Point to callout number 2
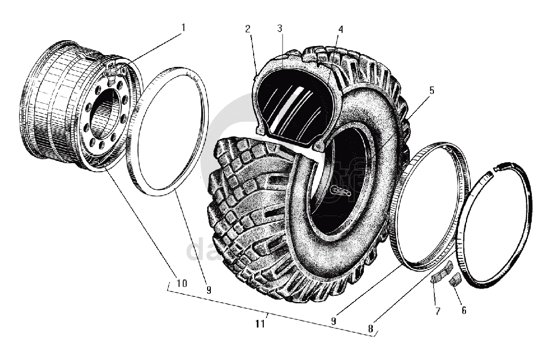point(248,29)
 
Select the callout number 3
point(279,29)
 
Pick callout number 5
point(431,90)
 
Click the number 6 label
point(463,310)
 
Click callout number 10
point(181,283)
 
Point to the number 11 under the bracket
point(261,324)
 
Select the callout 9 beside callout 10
point(208,290)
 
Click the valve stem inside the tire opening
point(340,190)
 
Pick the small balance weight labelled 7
point(439,276)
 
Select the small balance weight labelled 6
point(456,280)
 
